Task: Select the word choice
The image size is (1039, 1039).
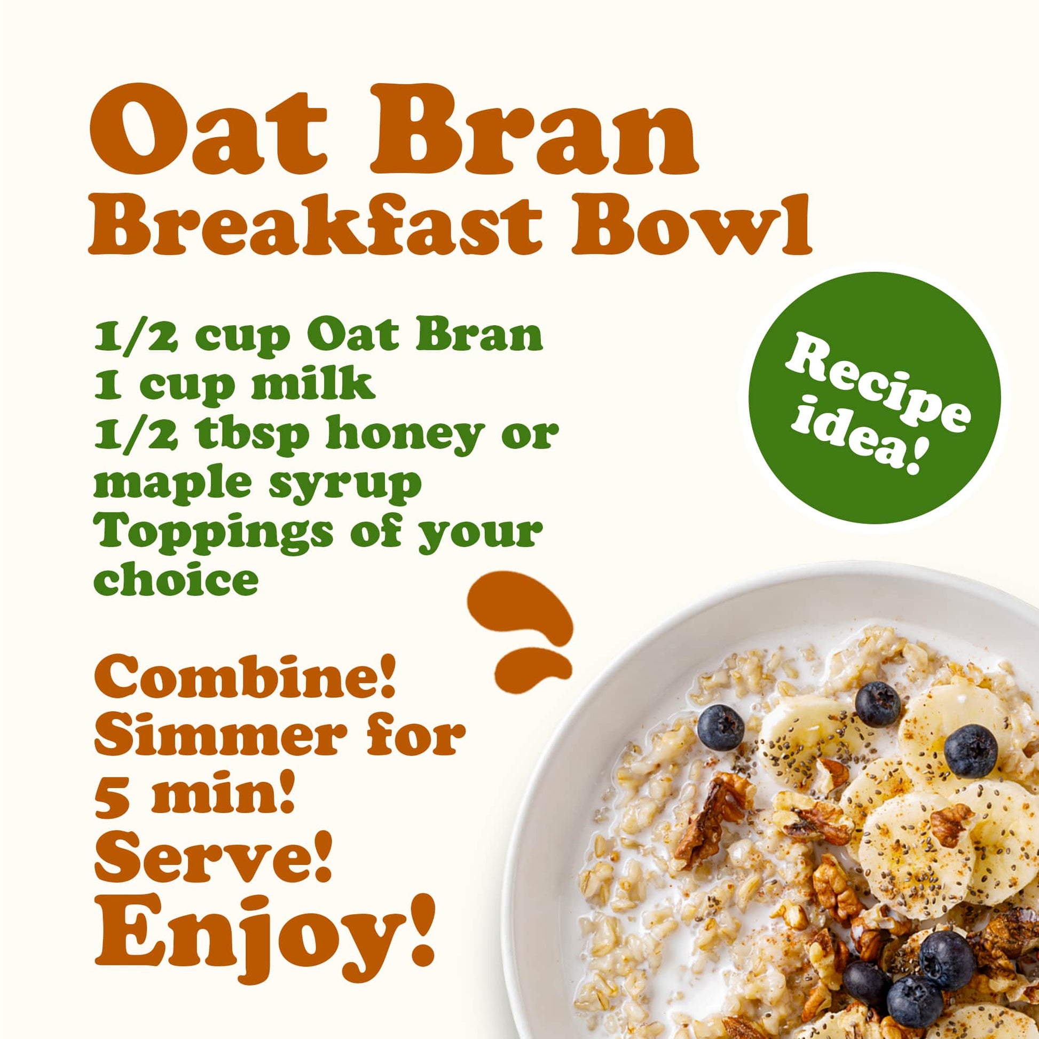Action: (176, 580)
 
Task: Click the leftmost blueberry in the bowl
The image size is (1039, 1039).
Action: (721, 728)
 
